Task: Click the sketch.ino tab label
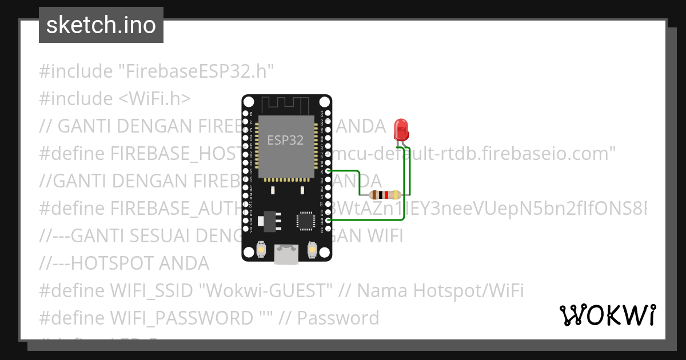click(x=101, y=25)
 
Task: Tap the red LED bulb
click(x=401, y=129)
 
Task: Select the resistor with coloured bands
click(x=385, y=195)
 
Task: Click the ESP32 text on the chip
click(x=285, y=140)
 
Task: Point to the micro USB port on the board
click(x=286, y=254)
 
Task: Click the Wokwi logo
click(x=607, y=315)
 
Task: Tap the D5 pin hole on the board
click(x=328, y=171)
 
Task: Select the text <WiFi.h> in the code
click(x=154, y=99)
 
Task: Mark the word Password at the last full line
click(x=338, y=318)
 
